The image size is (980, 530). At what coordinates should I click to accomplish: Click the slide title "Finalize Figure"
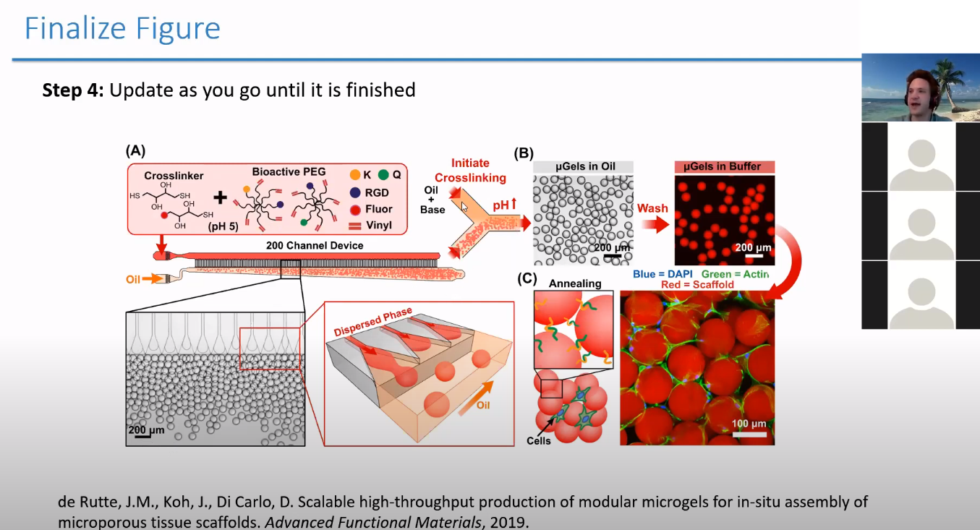122,28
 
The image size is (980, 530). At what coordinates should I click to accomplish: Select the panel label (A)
135,151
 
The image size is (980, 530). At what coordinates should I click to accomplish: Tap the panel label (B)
524,153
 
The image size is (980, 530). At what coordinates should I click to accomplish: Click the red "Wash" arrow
652,217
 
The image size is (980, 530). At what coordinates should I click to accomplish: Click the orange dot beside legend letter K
354,176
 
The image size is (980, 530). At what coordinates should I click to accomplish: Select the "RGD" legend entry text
378,192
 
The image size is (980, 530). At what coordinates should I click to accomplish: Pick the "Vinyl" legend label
379,225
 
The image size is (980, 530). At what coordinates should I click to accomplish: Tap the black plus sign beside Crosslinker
220,197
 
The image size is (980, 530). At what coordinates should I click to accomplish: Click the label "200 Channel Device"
315,245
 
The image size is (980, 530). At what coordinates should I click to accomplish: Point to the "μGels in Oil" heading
584,166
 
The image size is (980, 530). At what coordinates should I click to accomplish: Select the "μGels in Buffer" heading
724,166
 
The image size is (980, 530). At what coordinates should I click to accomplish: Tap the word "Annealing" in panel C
571,284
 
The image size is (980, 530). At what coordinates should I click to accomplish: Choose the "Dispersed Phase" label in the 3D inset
372,322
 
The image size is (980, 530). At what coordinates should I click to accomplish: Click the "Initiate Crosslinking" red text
470,170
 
